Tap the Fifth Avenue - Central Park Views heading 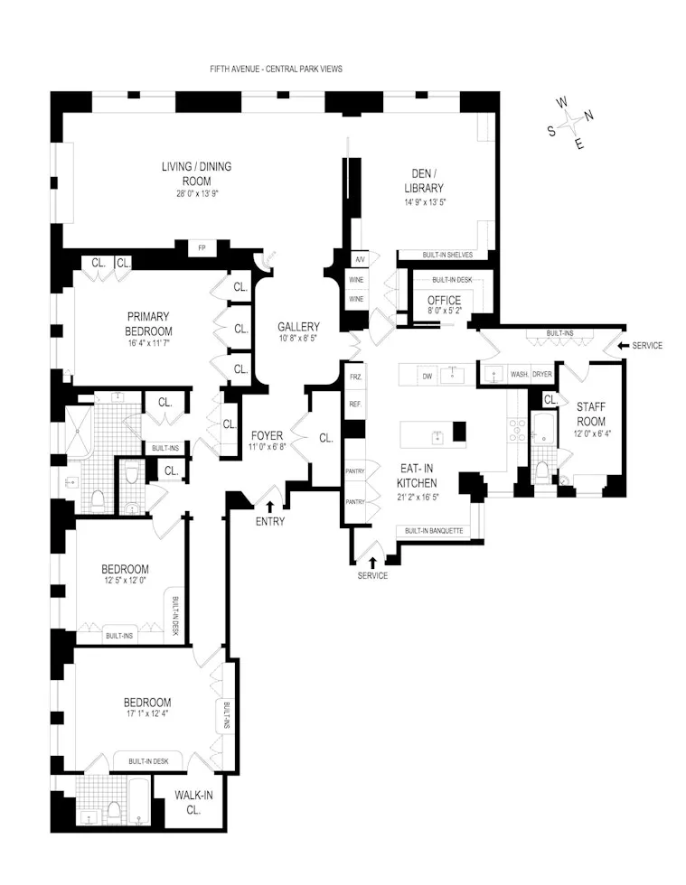click(275, 69)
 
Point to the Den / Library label click(424, 181)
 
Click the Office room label click(444, 301)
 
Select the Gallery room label click(298, 326)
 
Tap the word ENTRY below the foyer click(270, 521)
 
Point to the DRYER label click(541, 373)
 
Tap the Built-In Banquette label click(434, 531)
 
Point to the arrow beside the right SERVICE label click(620, 346)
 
